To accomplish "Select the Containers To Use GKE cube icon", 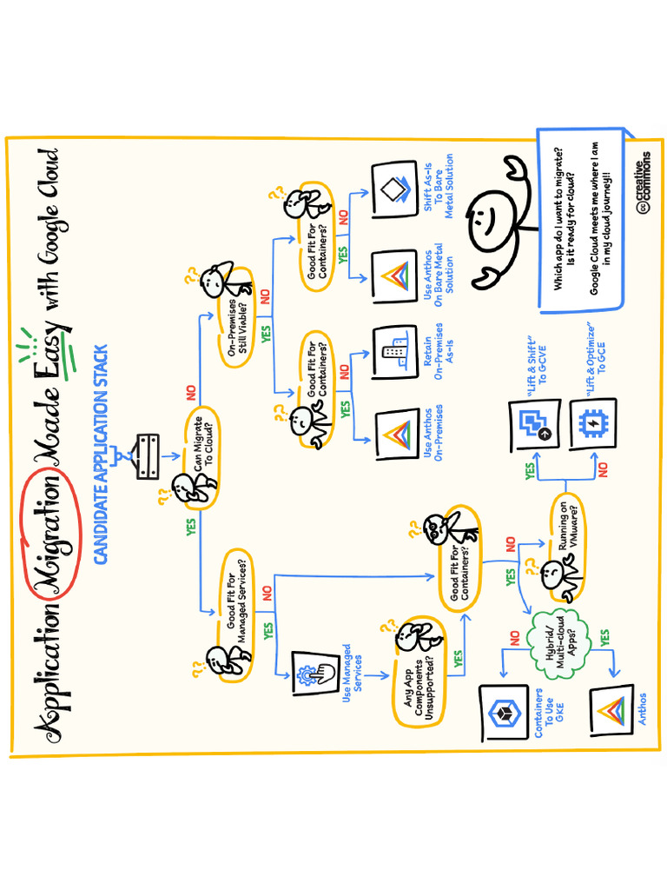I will point(504,714).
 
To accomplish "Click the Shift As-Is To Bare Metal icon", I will point(395,188).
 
